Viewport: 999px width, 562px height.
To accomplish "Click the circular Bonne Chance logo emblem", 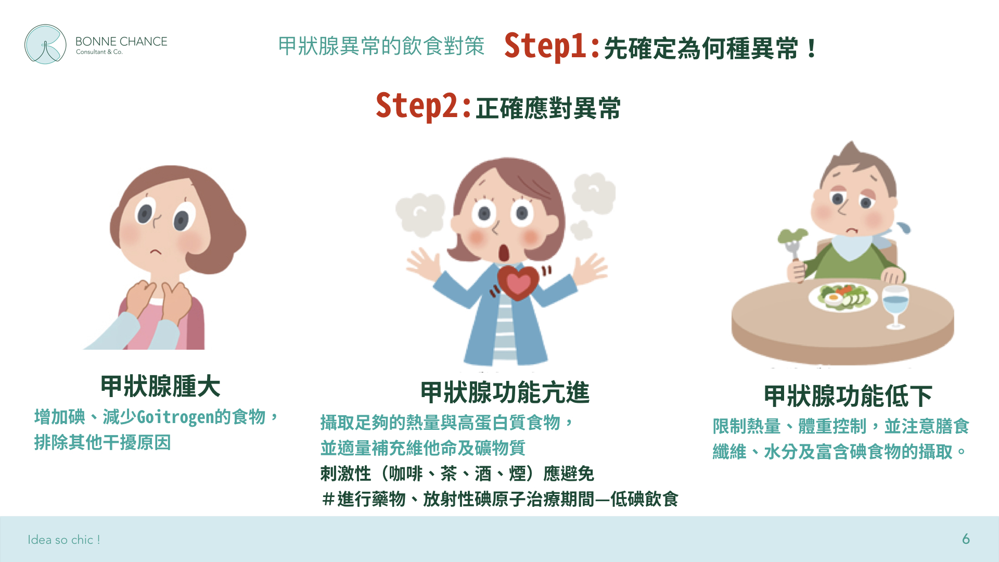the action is click(x=45, y=44).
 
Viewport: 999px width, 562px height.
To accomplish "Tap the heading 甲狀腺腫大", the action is click(x=160, y=386).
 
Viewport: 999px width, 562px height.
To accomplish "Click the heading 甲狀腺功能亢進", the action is click(x=505, y=392).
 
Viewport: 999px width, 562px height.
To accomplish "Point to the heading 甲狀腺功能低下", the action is click(x=848, y=396).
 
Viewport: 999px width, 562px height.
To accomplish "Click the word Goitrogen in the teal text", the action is click(x=175, y=417).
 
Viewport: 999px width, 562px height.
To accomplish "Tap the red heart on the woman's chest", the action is click(x=518, y=282).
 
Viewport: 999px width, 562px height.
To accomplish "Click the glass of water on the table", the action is click(x=895, y=307).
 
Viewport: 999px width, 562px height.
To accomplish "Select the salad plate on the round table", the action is click(x=843, y=297).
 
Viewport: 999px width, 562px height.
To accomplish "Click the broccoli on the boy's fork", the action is click(x=792, y=236).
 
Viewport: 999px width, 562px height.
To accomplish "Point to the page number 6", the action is click(x=966, y=539).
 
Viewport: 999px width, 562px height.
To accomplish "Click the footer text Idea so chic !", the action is click(x=63, y=540).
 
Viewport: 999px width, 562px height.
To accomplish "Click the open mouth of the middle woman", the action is click(x=504, y=252).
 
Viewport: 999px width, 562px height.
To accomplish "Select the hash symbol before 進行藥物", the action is click(x=328, y=499).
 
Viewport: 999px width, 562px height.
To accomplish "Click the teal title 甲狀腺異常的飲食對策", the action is click(x=381, y=46).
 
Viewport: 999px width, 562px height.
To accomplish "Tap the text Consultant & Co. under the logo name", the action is click(x=99, y=52).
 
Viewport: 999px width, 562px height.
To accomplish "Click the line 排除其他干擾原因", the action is click(x=103, y=442).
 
